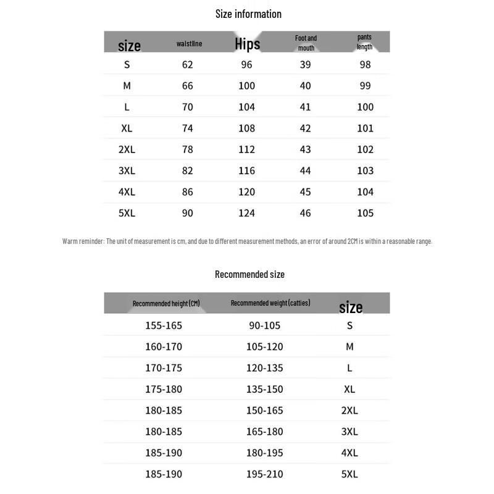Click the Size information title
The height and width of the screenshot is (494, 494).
pos(248,14)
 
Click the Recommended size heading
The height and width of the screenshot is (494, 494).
pos(249,274)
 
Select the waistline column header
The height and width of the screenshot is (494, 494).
pos(189,44)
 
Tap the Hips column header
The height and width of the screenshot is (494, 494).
pos(247,44)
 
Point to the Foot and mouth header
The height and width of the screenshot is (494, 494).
pos(306,43)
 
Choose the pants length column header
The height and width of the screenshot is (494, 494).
pos(365,42)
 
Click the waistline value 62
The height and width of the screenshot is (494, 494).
pos(188,65)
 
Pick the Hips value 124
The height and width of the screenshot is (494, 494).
pos(246,213)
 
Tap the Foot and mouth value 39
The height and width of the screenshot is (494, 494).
pos(305,65)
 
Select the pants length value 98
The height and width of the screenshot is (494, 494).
pos(365,65)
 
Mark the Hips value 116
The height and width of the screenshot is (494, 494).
pos(246,170)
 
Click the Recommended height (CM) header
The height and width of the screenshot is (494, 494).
pos(166,303)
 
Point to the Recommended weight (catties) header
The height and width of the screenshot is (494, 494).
pos(270,303)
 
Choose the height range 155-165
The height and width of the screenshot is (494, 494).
pos(164,325)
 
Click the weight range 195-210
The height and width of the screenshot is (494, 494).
pos(264,474)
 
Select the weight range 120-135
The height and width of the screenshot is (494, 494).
pos(264,368)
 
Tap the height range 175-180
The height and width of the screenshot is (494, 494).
pos(164,389)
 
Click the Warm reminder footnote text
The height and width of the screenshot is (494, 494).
pos(247,241)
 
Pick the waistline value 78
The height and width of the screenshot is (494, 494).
pos(188,149)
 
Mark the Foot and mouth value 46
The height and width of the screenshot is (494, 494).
pos(305,213)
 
